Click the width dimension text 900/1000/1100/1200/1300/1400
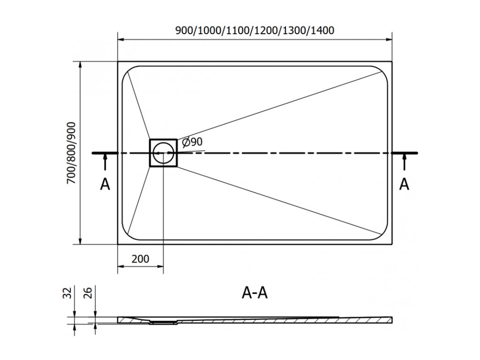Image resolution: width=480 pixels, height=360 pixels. [255, 31]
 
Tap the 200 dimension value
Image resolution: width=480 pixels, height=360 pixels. [140, 258]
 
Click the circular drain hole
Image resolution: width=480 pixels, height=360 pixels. [163, 152]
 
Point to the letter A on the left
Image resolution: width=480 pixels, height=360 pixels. [105, 185]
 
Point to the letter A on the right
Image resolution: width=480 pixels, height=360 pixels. [404, 185]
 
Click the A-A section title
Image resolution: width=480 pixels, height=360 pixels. [255, 293]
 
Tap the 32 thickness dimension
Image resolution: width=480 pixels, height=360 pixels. [68, 293]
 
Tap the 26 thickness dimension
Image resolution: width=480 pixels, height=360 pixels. [88, 293]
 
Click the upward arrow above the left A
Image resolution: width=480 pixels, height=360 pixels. [105, 162]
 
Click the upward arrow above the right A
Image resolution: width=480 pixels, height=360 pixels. [404, 162]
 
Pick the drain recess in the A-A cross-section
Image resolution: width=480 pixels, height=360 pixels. [163, 322]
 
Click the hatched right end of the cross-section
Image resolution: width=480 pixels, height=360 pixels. [375, 319]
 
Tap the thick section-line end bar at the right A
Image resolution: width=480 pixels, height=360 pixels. [405, 153]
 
